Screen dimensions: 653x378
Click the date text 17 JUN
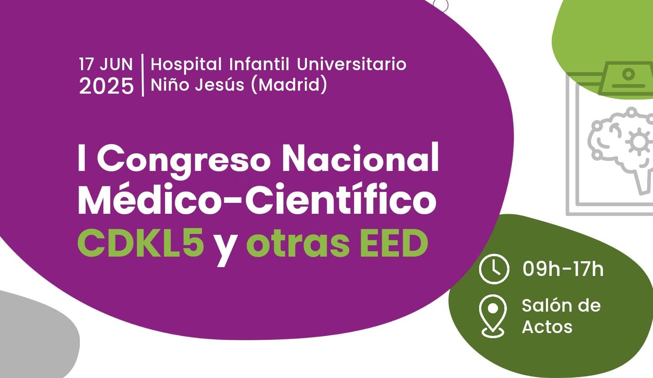point(106,64)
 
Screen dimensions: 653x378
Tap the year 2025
point(106,86)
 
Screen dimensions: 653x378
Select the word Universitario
point(351,64)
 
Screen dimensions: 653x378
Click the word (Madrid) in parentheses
point(288,85)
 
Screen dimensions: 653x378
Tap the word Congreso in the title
point(184,161)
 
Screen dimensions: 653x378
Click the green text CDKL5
point(141,243)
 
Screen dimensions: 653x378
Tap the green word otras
point(298,244)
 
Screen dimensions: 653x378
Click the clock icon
point(494,269)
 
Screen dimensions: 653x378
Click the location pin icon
point(493,316)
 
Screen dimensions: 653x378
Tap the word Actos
point(547,327)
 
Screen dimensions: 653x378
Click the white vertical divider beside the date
point(143,75)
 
